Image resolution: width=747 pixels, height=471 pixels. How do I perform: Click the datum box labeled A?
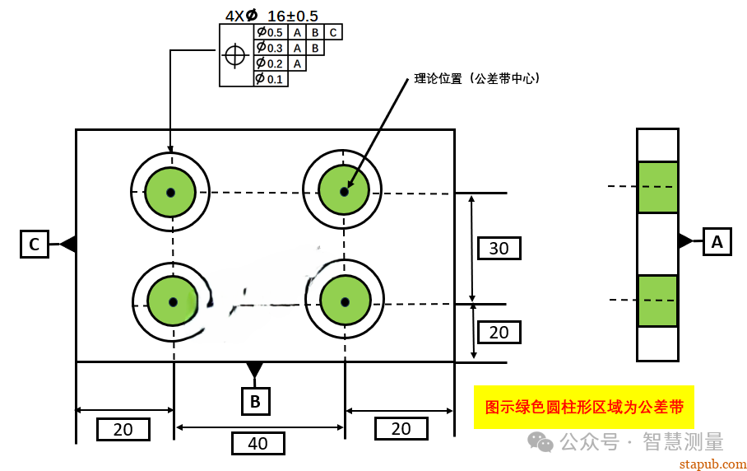pos(717,242)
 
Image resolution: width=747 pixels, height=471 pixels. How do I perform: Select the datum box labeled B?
pos(255,401)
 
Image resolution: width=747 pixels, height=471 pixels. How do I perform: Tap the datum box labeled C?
pos(34,245)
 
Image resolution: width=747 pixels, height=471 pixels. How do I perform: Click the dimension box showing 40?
pos(258,443)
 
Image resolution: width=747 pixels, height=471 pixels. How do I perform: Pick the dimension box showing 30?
pos(499,248)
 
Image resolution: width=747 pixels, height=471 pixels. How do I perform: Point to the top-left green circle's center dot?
pos(170,193)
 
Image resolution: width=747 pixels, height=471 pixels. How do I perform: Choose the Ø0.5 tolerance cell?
pos(270,33)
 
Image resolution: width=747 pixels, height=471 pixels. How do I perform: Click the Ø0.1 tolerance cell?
pos(270,79)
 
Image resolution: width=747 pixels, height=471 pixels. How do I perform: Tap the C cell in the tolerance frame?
pos(333,33)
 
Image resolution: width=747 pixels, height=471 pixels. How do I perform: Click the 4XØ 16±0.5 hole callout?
pos(271,16)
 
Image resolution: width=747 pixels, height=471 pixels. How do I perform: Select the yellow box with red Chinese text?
pos(583,407)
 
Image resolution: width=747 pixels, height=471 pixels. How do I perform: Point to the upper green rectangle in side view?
pos(657,187)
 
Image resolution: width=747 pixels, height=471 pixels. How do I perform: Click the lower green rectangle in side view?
pos(657,301)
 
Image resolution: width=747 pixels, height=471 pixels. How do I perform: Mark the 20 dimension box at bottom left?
pos(123,429)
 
